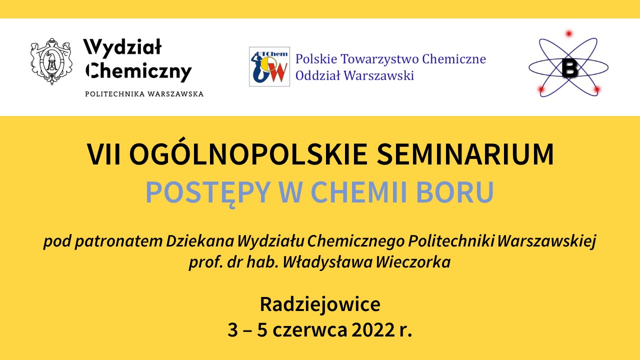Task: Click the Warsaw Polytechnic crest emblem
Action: tap(51, 61)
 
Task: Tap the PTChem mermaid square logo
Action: tap(269, 66)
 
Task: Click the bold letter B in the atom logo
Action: tap(569, 68)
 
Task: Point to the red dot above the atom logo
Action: tap(569, 33)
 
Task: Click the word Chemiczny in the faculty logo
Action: tap(139, 71)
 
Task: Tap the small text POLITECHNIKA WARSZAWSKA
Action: tap(144, 94)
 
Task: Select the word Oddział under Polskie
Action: tap(317, 75)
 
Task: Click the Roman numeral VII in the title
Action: tap(103, 154)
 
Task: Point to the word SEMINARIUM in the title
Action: tap(465, 154)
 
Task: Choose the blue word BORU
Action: tap(455, 191)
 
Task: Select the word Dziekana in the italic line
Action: tap(200, 241)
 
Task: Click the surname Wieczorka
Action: tap(413, 262)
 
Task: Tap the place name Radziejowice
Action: tap(320, 304)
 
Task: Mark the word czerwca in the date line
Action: tap(310, 331)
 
